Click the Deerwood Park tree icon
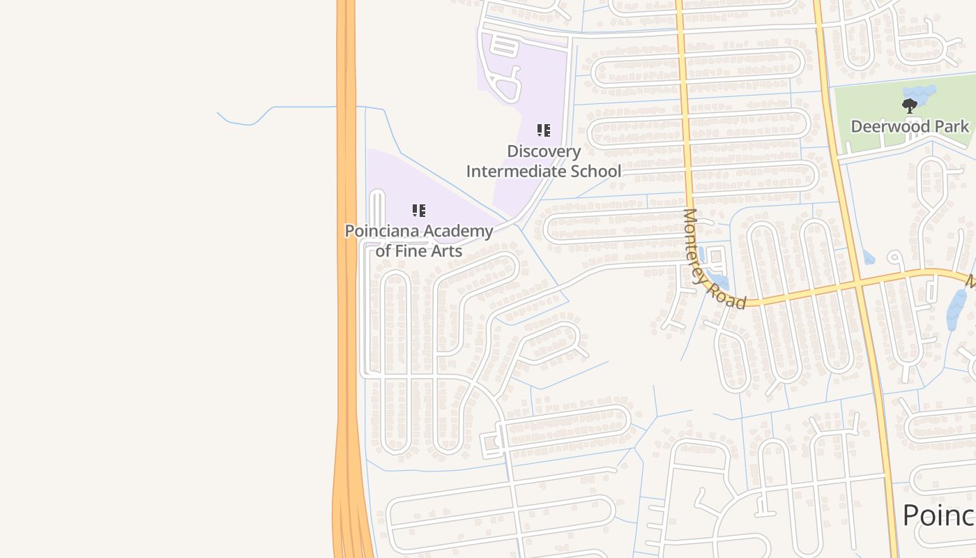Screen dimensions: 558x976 pos(909,106)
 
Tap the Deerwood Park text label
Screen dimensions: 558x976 pos(909,126)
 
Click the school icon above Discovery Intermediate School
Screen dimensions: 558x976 pos(544,130)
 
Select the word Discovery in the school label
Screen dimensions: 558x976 pos(544,151)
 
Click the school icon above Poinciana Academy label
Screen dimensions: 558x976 pos(418,211)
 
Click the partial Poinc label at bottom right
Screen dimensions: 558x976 pos(938,515)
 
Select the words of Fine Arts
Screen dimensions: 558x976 pos(418,250)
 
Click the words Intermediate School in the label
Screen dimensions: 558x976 pos(544,171)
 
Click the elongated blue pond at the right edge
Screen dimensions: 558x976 pos(956,308)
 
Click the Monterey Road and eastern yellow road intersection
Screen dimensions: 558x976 pos(857,282)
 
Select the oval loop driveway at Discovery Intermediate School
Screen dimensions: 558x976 pos(508,85)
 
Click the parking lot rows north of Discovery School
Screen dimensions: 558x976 pos(505,46)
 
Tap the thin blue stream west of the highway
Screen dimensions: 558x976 pos(279,108)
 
